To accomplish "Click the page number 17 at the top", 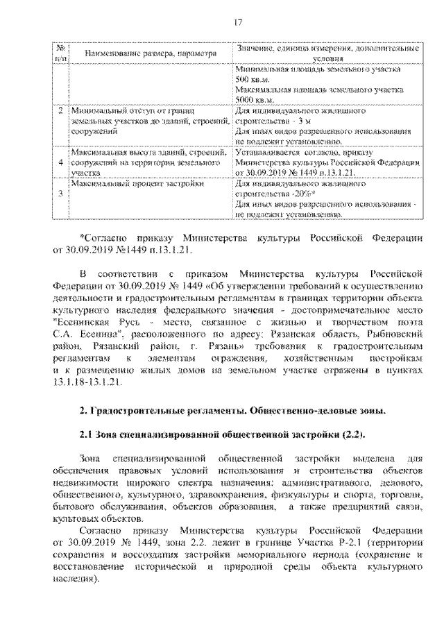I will pyautogui.click(x=237, y=24).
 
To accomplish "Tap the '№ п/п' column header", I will pyautogui.click(x=61, y=53).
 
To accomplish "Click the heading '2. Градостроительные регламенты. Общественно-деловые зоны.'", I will pyautogui.click(x=232, y=413).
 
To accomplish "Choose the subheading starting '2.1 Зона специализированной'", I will pyautogui.click(x=221, y=435).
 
